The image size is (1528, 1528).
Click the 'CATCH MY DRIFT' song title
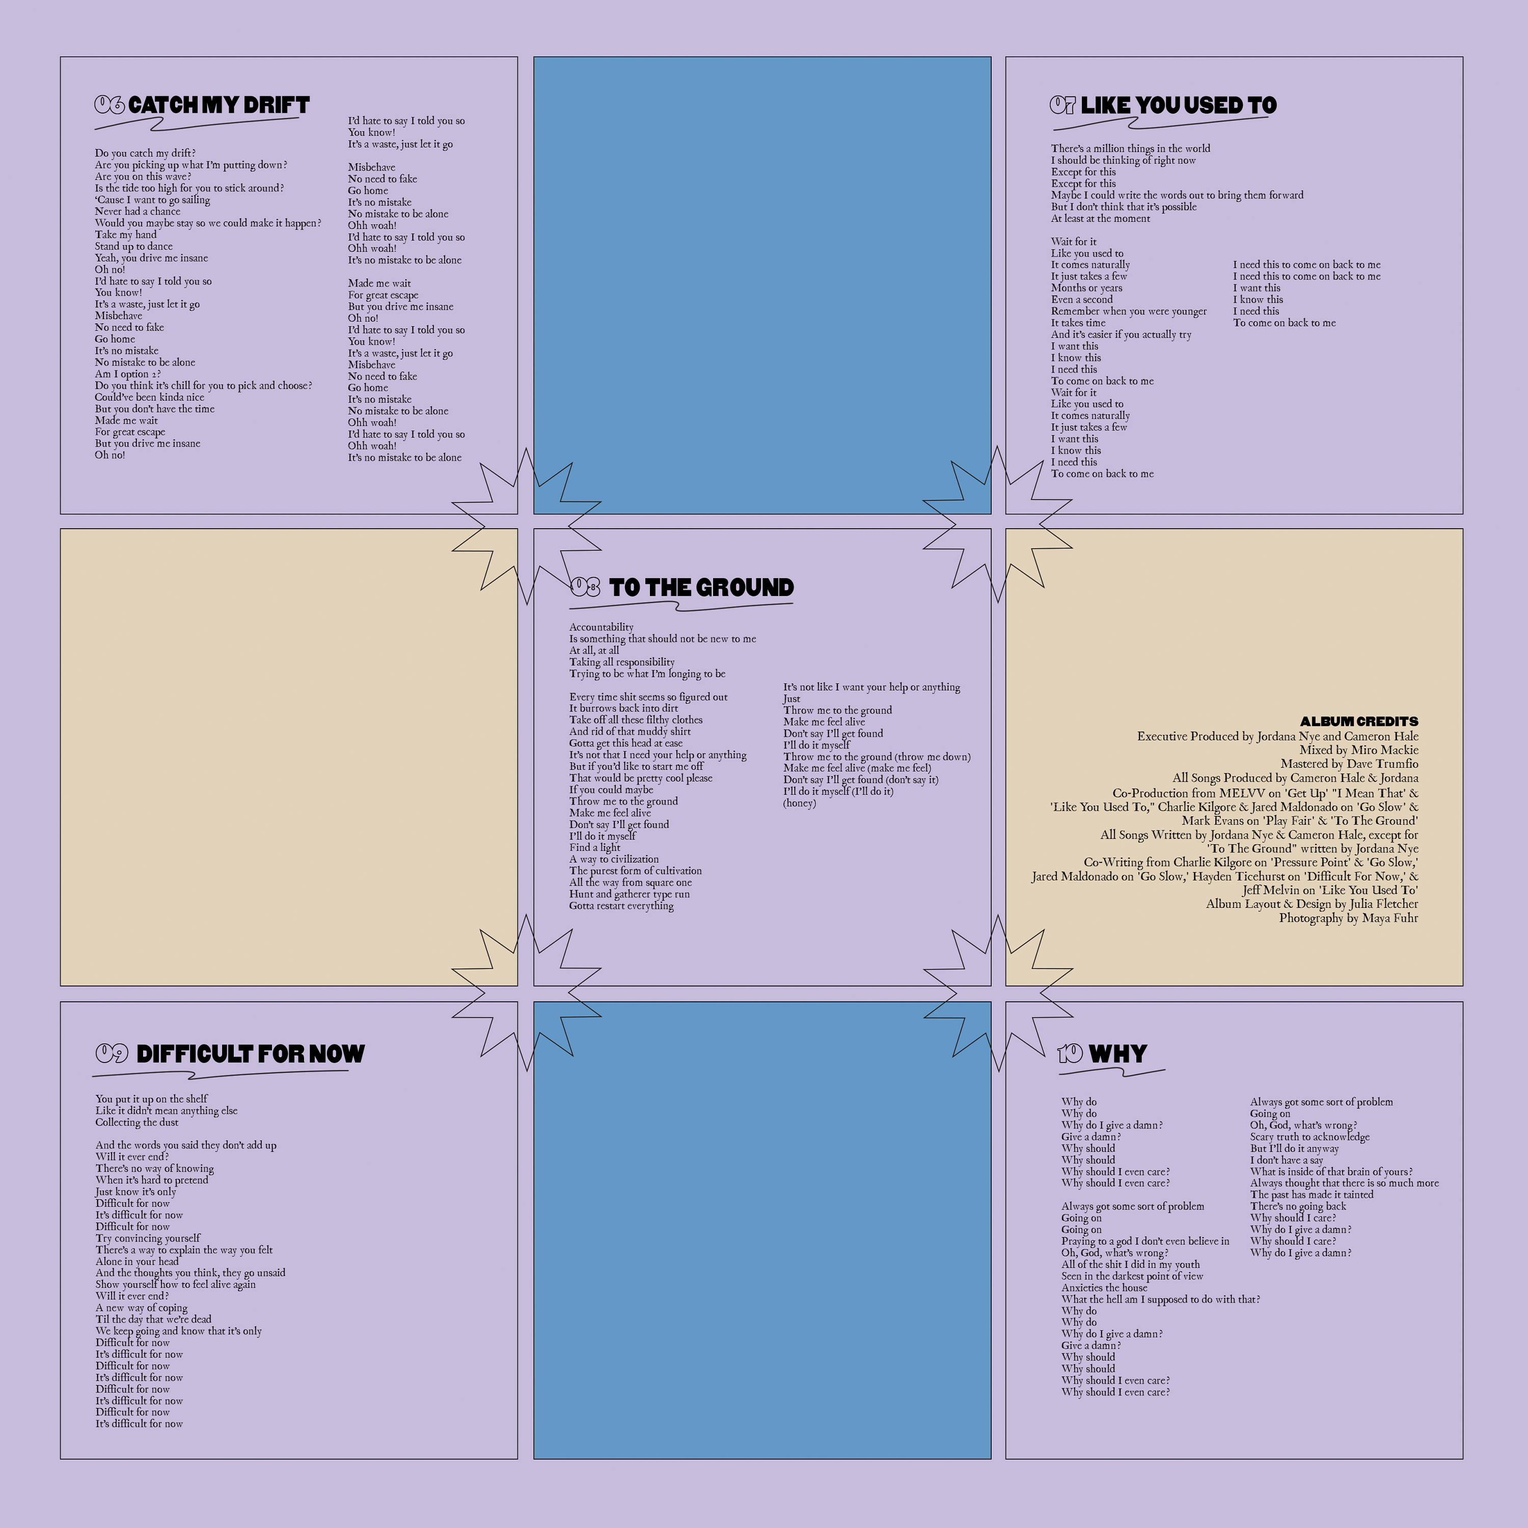tap(219, 105)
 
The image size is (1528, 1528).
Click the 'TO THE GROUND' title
tap(701, 588)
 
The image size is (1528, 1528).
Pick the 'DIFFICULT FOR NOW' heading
tap(250, 1054)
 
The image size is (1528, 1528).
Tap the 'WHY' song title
tap(1117, 1054)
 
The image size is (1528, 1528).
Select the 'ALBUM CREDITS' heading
tap(1359, 721)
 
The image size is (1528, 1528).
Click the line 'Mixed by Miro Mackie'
tap(1359, 750)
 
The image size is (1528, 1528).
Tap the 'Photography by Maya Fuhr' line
tap(1349, 918)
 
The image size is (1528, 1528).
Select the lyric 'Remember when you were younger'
tap(1129, 312)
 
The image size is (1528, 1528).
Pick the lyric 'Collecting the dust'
tap(137, 1122)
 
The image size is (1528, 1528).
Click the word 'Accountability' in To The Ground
tap(601, 627)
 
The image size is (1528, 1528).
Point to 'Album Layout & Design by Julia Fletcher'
tap(1312, 904)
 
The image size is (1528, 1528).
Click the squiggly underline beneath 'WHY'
tap(1111, 1073)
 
